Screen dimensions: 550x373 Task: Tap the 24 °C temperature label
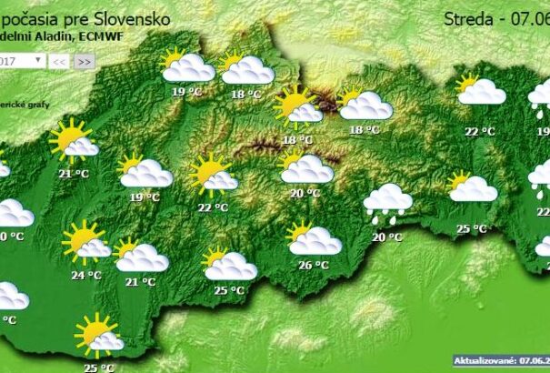(x=86, y=275)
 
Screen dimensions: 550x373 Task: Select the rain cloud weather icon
(x=386, y=203)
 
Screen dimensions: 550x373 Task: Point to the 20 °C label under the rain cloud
(x=387, y=237)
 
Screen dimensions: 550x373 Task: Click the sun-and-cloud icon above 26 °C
(x=314, y=239)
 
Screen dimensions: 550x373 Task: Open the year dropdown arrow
(x=38, y=60)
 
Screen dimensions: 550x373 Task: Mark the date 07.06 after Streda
(x=531, y=17)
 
